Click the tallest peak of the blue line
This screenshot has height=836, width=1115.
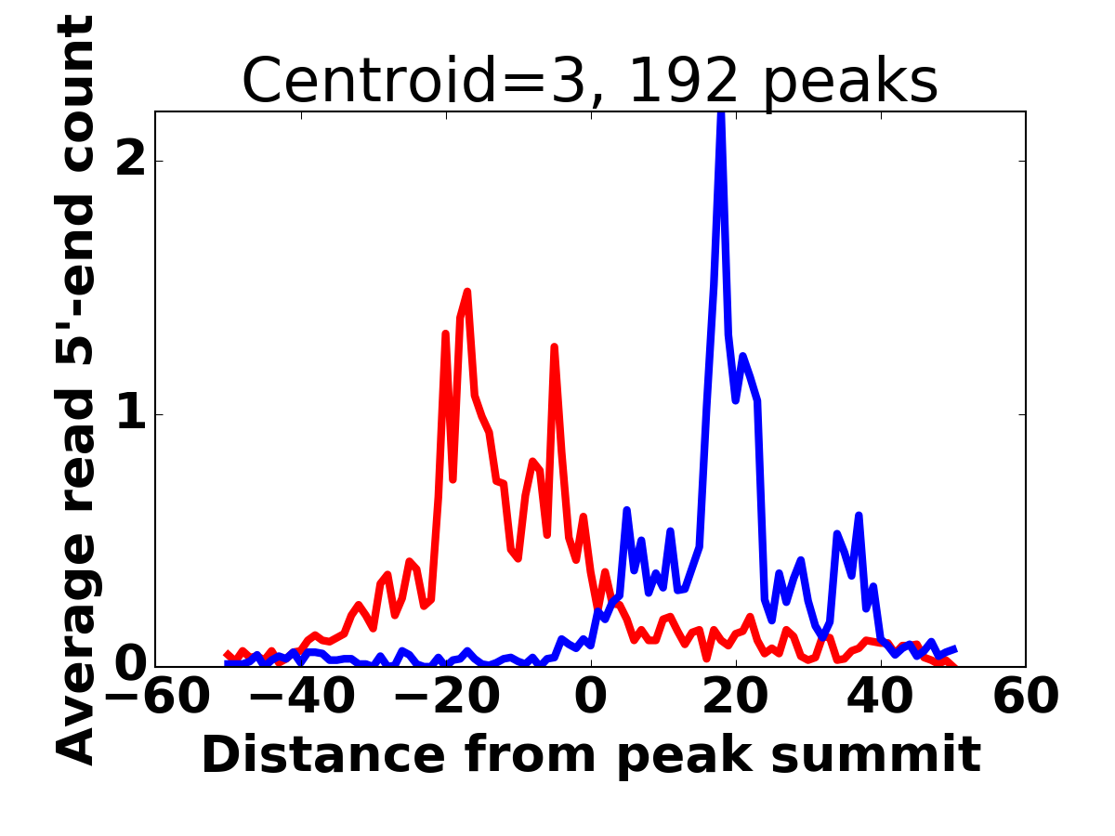click(721, 115)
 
